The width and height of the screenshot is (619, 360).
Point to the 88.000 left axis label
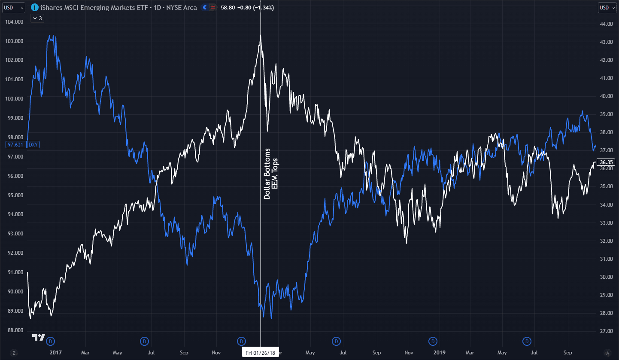tap(13, 330)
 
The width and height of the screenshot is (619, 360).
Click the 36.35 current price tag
tap(606, 162)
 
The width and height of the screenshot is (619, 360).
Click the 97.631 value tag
tap(15, 145)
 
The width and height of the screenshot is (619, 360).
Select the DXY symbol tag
tap(33, 145)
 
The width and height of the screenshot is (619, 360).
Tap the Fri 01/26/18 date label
tap(261, 353)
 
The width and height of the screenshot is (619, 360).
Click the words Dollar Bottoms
tap(267, 174)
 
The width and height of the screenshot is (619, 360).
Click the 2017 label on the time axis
tap(56, 353)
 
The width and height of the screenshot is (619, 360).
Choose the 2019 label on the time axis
tap(439, 353)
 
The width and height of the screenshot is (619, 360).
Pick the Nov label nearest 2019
tap(409, 353)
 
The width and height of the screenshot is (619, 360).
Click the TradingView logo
tap(39, 338)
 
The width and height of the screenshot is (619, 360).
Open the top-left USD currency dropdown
tap(13, 7)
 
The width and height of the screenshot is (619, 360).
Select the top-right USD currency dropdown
tap(606, 7)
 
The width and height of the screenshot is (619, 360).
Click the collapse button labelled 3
tap(37, 18)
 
